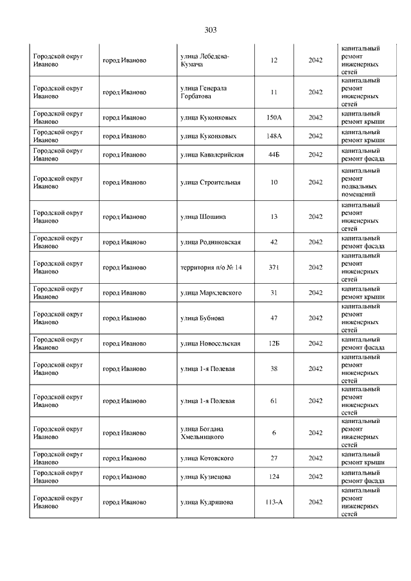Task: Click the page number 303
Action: point(211,30)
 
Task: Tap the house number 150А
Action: point(274,117)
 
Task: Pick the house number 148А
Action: point(274,136)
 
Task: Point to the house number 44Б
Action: point(274,155)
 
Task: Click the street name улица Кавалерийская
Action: point(212,155)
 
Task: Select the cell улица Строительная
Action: point(211,182)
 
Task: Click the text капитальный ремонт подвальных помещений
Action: point(361,182)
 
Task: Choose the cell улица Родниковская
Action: point(211,242)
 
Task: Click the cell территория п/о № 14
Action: point(211,267)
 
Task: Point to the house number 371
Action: point(274,267)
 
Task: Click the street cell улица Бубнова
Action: point(202,318)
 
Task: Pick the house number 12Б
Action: point(274,343)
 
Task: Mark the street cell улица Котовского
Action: point(207,458)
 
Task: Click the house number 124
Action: point(274,477)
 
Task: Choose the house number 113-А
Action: point(274,502)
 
